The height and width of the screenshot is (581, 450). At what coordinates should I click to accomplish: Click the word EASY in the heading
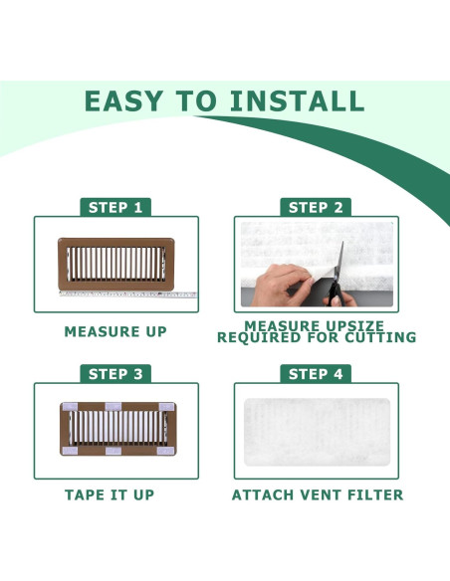(123, 100)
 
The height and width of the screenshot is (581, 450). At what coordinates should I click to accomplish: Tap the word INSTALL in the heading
(297, 100)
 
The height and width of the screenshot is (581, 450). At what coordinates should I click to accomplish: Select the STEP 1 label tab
(115, 207)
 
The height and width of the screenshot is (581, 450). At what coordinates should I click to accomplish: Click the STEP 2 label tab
(316, 207)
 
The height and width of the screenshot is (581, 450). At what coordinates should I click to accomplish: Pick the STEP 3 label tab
(115, 374)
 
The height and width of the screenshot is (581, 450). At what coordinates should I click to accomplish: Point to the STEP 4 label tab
(316, 374)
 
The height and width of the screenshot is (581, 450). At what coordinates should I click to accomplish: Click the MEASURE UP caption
(115, 331)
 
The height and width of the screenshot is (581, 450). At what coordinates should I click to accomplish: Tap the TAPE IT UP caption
(110, 495)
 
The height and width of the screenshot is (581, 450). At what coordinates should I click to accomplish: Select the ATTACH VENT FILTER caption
(318, 495)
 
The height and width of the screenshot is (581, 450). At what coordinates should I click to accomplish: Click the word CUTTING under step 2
(380, 337)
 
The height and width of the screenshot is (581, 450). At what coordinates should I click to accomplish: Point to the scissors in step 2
(337, 275)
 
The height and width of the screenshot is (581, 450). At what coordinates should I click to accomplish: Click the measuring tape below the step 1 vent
(127, 294)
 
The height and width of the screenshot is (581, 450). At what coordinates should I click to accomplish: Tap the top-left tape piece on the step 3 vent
(70, 407)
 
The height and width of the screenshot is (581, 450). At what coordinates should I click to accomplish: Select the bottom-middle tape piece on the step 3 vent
(113, 451)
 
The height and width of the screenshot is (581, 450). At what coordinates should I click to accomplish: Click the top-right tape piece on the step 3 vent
(166, 407)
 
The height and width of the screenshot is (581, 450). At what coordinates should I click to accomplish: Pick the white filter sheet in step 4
(317, 432)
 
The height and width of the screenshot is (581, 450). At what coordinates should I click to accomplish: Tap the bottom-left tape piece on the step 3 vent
(70, 451)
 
